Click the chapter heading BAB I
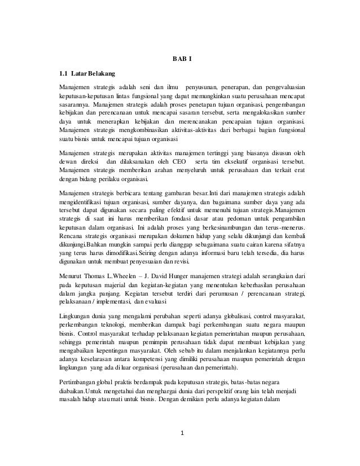181,60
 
